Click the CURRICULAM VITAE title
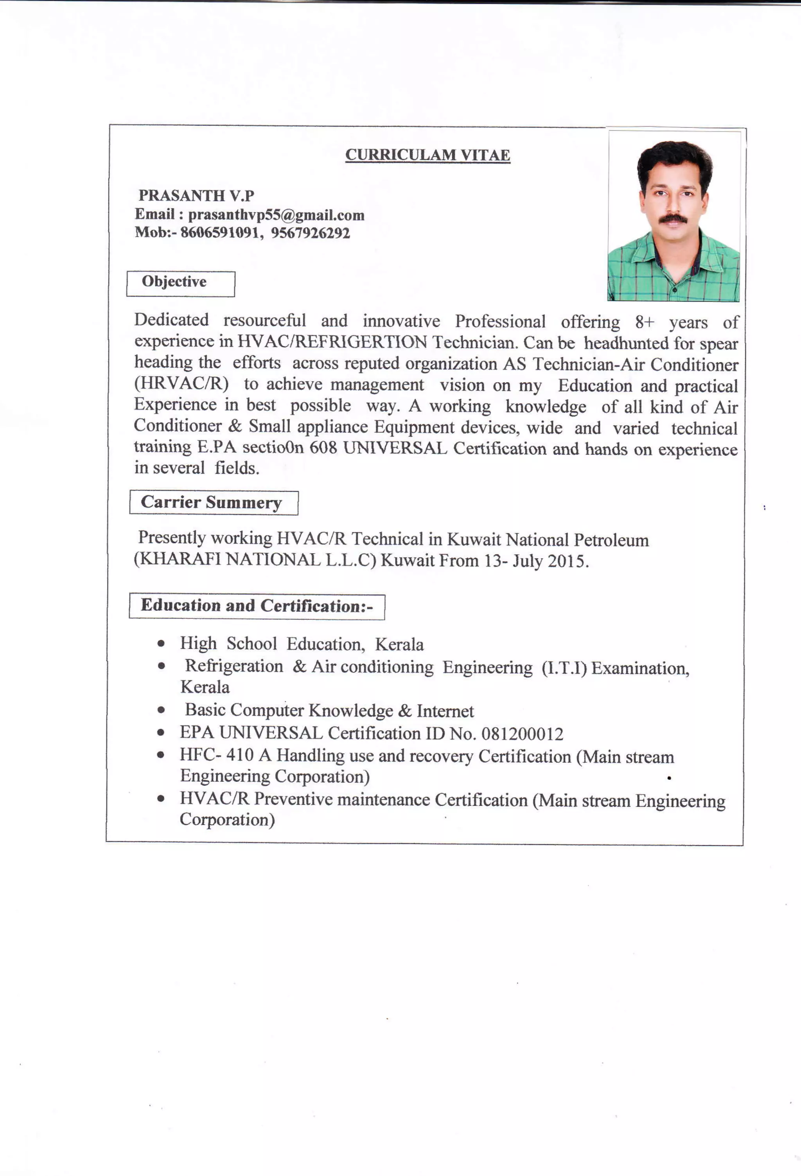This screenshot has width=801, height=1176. coord(427,155)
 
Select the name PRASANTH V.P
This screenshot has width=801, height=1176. coord(196,195)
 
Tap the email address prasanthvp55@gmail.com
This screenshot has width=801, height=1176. coord(276,215)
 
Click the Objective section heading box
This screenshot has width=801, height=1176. coord(180,283)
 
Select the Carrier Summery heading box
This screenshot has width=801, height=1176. coord(213,503)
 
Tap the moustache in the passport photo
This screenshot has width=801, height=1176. coord(673,218)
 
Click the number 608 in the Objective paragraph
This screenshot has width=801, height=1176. coord(323,448)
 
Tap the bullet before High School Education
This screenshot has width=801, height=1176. coord(161,644)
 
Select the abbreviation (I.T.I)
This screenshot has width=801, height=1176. coord(564,668)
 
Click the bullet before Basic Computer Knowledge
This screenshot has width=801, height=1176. coord(161,710)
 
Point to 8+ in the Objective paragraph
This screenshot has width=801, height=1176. coord(645,322)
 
